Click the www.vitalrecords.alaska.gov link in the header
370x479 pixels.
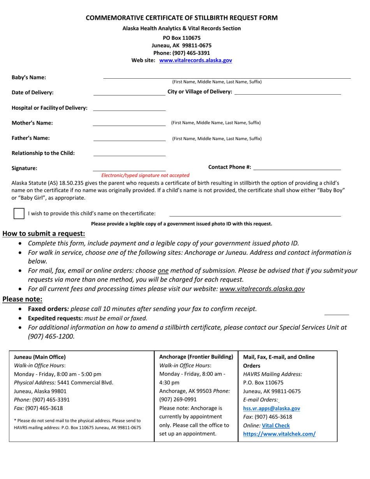pos(196,60)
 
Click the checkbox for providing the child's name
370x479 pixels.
pos(19,213)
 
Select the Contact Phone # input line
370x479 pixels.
pos(297,169)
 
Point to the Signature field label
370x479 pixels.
pos(25,169)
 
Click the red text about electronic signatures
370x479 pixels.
pos(145,175)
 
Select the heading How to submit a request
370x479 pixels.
pos(44,234)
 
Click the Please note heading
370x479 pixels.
pos(23,299)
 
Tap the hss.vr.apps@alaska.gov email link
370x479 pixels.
pos(271,409)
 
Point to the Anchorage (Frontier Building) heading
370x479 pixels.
pos(196,357)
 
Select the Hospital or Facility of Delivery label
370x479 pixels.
pos(49,108)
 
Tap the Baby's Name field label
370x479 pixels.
pos(29,77)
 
